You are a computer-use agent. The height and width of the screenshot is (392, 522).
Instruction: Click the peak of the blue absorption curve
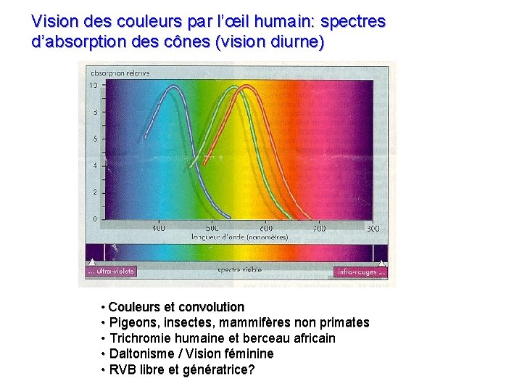pyautogui.click(x=173, y=86)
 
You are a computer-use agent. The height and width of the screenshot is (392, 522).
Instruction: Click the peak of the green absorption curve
pyautogui.click(x=233, y=86)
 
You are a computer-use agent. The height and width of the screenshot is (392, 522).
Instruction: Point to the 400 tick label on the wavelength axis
pyautogui.click(x=158, y=228)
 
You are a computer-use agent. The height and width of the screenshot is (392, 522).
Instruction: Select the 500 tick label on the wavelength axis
pyautogui.click(x=212, y=228)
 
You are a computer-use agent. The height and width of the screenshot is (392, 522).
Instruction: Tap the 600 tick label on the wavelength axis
pyautogui.click(x=266, y=228)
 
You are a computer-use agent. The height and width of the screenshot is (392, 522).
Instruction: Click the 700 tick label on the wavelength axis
pyautogui.click(x=319, y=228)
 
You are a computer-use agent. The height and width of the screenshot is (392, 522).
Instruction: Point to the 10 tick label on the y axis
pyautogui.click(x=93, y=85)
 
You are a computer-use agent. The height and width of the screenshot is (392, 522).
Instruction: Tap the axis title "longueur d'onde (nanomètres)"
pyautogui.click(x=239, y=237)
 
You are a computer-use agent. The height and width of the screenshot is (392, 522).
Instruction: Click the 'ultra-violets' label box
pyautogui.click(x=111, y=271)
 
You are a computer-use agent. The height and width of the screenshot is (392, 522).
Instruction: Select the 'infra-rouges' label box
pyautogui.click(x=360, y=271)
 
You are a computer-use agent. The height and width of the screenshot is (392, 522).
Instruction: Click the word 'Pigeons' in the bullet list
pyautogui.click(x=131, y=322)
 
